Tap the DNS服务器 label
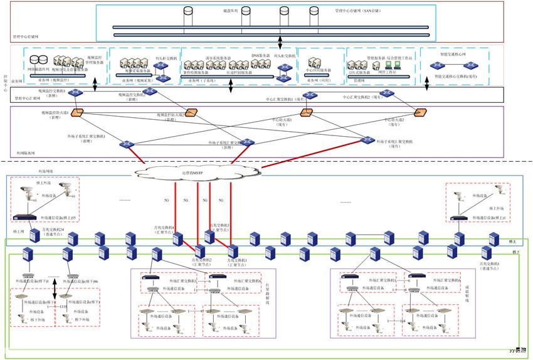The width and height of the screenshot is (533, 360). tap(260, 56)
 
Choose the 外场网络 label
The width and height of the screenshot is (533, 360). tap(28, 171)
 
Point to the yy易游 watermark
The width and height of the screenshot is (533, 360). tap(517, 352)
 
